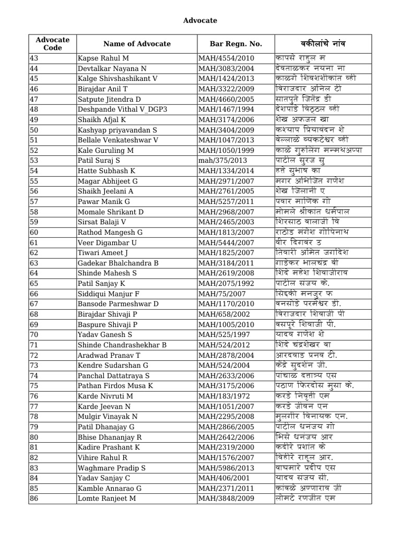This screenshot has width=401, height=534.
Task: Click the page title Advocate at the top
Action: pos(200,20)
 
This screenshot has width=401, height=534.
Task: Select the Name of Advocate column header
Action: pos(137,44)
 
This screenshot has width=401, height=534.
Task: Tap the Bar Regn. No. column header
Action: pos(235,44)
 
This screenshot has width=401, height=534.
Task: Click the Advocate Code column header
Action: pos(53,44)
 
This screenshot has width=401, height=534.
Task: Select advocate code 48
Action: pos(34,109)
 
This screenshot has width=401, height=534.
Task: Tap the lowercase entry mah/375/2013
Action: pos(222,160)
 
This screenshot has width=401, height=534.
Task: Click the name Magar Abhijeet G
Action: pos(107,180)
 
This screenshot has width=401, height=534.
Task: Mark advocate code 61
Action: pos(34,242)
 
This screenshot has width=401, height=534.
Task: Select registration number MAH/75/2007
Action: pos(221,293)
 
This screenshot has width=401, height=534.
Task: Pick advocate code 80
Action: pos(34,436)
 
